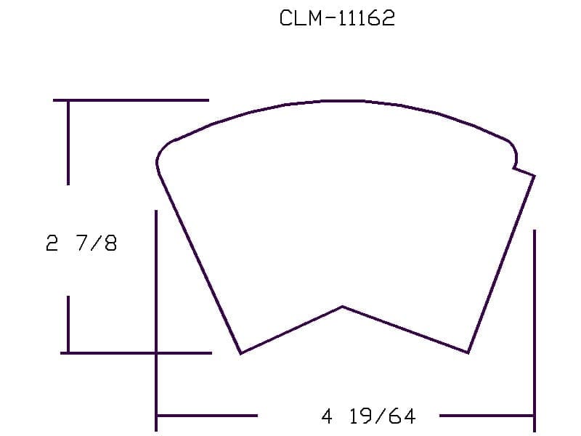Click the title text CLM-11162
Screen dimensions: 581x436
(337, 17)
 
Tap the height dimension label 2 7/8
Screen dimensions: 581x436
(81, 243)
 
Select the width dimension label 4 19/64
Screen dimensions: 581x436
(369, 416)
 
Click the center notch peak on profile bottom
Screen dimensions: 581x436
(342, 307)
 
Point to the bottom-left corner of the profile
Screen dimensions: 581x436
(241, 353)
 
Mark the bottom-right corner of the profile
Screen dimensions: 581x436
(468, 352)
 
